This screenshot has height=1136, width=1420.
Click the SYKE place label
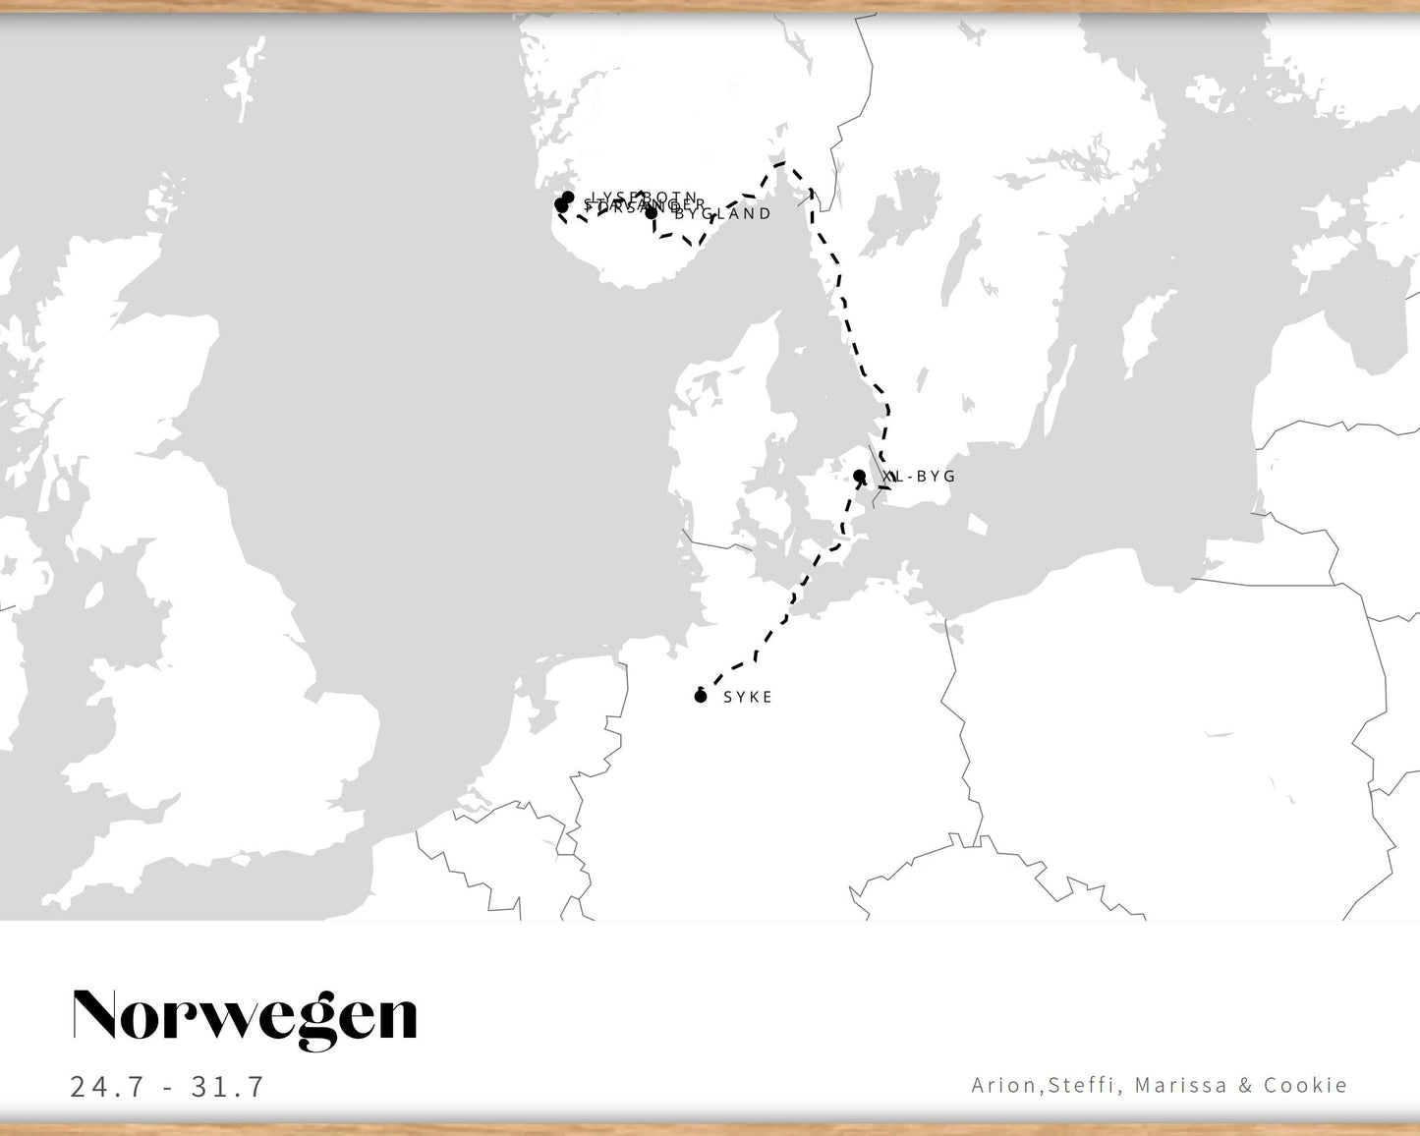(x=748, y=697)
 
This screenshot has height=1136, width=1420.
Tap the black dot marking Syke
(x=701, y=697)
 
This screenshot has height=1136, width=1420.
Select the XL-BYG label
(x=920, y=477)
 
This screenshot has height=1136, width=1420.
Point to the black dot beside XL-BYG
(x=859, y=477)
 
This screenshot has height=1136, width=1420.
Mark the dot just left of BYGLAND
(x=651, y=212)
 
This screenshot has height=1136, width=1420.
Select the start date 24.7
(x=107, y=1086)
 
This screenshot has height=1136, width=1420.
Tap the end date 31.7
(x=228, y=1086)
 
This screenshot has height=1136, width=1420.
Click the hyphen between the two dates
(x=168, y=1087)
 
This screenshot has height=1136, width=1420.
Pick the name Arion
(x=1003, y=1085)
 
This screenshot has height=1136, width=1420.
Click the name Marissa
(x=1180, y=1085)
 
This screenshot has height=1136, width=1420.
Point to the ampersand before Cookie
(x=1245, y=1085)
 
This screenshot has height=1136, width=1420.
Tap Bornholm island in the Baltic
(x=976, y=524)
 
